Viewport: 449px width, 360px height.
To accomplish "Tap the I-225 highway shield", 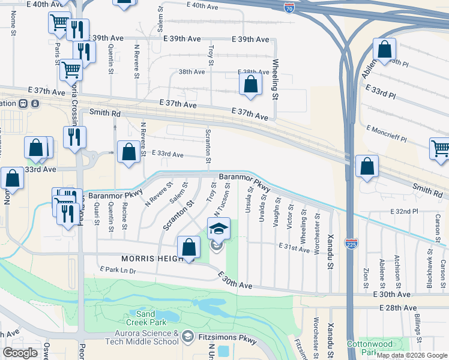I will (352, 243).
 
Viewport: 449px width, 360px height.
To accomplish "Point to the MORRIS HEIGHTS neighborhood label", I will (150, 258).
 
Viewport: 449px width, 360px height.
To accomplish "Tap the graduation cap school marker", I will (218, 228).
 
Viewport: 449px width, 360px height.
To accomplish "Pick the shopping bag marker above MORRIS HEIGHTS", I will (188, 247).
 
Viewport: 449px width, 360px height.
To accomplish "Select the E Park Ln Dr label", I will (119, 271).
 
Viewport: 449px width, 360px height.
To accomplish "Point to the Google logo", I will (20, 353).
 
